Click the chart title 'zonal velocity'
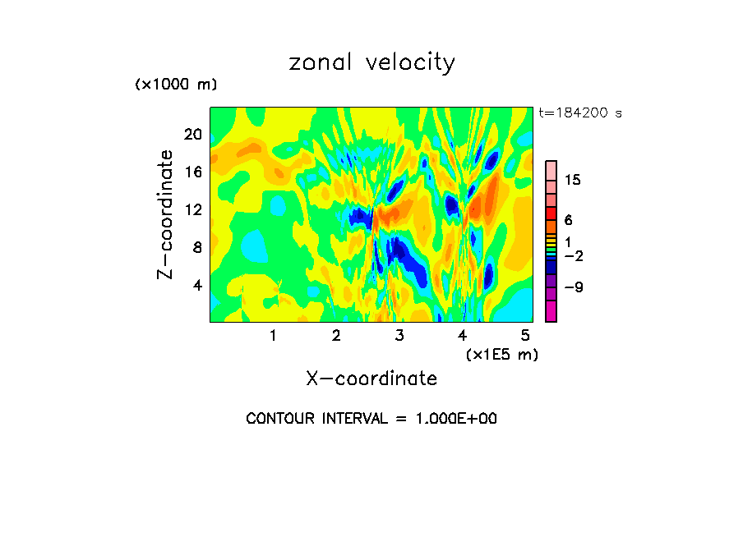point(371,62)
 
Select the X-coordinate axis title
point(371,378)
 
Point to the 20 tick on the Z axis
point(193,134)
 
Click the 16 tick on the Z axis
point(193,172)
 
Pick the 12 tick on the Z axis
point(193,209)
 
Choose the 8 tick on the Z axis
point(196,247)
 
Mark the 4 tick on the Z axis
point(196,285)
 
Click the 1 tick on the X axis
point(273,335)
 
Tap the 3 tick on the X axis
point(399,335)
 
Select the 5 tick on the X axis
point(525,335)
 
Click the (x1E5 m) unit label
point(501,354)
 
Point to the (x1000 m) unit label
point(176,85)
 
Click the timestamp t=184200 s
point(579,112)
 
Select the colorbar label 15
point(573,181)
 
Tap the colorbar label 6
point(568,220)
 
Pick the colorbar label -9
point(573,287)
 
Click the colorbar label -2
point(573,256)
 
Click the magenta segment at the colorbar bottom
point(551,312)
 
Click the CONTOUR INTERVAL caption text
point(371,419)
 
